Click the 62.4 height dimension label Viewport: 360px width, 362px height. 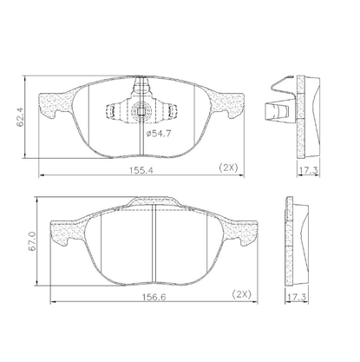(x=20, y=115)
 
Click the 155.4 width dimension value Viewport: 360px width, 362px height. (x=141, y=170)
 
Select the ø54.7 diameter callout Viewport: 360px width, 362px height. (x=159, y=134)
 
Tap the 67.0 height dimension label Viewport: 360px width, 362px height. (x=31, y=240)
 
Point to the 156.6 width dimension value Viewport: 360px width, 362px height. (x=154, y=297)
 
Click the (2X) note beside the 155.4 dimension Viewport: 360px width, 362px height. (x=228, y=168)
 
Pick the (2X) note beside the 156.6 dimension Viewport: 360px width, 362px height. (x=242, y=294)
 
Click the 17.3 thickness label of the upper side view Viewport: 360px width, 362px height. (x=309, y=170)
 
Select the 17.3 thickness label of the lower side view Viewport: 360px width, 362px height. (x=297, y=297)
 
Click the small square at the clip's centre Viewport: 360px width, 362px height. (x=141, y=110)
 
